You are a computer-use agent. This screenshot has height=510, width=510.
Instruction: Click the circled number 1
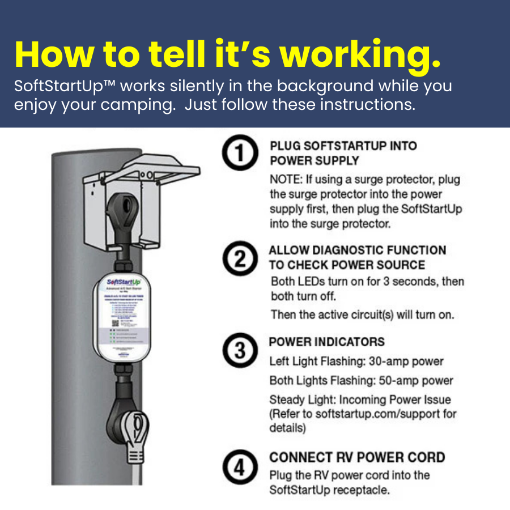click(239, 154)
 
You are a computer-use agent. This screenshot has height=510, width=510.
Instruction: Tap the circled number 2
click(239, 260)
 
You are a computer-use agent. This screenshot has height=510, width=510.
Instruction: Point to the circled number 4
click(239, 468)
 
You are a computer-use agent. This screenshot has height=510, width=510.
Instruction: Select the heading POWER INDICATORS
click(326, 342)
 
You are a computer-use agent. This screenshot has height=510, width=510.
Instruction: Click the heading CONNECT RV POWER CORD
click(357, 457)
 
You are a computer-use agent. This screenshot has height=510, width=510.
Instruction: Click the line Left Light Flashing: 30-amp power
click(356, 362)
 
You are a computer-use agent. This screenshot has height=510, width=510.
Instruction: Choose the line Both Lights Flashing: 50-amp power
click(361, 380)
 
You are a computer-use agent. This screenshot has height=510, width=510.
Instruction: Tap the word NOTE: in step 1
click(286, 180)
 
